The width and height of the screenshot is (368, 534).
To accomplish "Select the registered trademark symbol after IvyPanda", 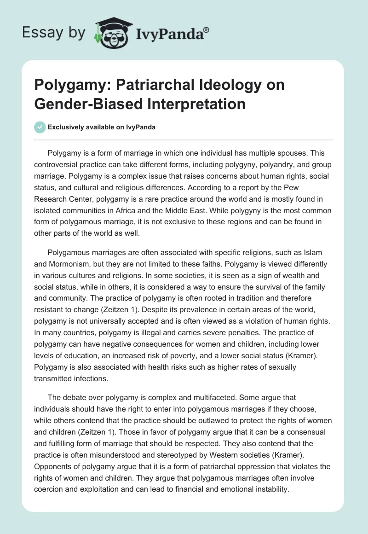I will (206, 29).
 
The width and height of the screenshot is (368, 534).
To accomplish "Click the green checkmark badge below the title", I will (40, 127).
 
